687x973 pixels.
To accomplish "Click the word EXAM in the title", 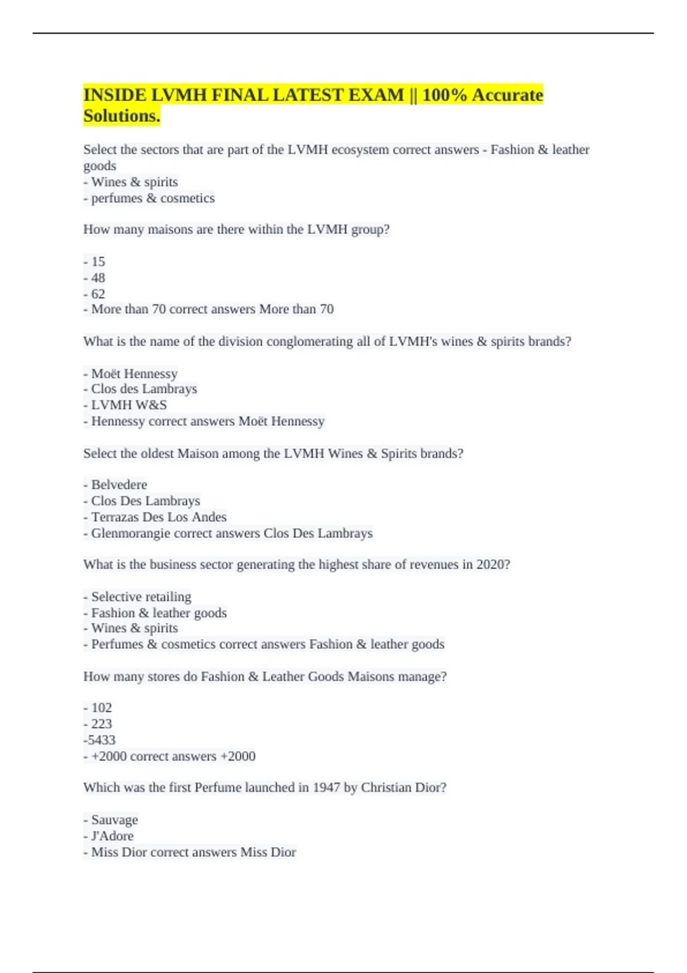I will pyautogui.click(x=375, y=95).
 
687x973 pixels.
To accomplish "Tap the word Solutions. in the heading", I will pyautogui.click(x=122, y=116).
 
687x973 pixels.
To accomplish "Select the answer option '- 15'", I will pyautogui.click(x=94, y=262).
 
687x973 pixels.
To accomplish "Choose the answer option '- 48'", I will pyautogui.click(x=94, y=278).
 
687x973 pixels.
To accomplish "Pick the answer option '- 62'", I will pyautogui.click(x=94, y=294).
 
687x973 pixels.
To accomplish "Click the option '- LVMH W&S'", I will pyautogui.click(x=125, y=405).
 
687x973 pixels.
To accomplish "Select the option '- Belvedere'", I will pyautogui.click(x=115, y=484).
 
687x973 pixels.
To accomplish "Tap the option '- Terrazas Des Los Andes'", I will pyautogui.click(x=155, y=517).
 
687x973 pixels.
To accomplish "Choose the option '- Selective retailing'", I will pyautogui.click(x=137, y=596).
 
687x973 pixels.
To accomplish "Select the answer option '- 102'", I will pyautogui.click(x=98, y=707).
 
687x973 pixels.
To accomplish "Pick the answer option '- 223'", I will pyautogui.click(x=98, y=723).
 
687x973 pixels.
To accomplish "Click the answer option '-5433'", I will pyautogui.click(x=100, y=739).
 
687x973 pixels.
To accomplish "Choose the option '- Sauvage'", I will pyautogui.click(x=111, y=820).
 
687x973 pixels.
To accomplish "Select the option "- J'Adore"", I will pyautogui.click(x=109, y=836).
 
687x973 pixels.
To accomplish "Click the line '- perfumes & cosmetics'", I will pyautogui.click(x=149, y=198).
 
